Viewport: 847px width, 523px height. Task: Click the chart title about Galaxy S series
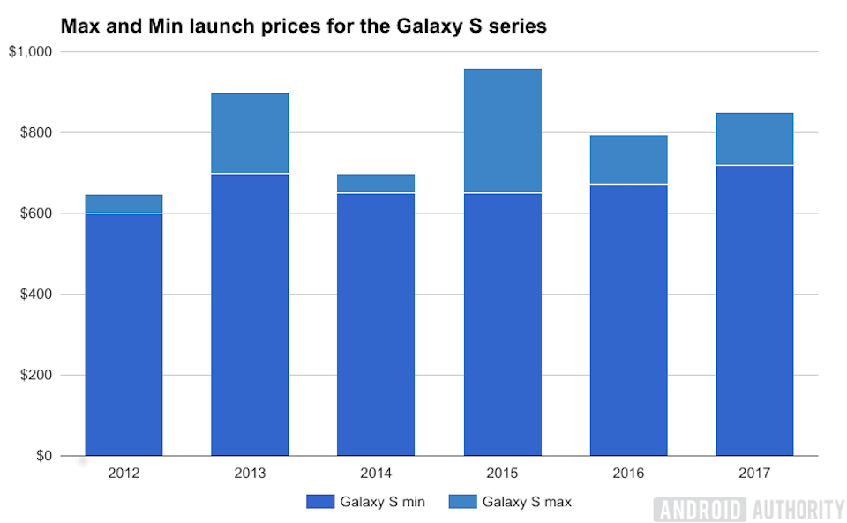tap(304, 26)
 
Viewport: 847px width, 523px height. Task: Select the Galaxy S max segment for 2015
tap(503, 131)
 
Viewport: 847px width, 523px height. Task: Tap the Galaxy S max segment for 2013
tap(250, 133)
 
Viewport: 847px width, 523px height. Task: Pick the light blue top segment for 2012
tap(124, 204)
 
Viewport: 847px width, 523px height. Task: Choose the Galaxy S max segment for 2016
tap(628, 160)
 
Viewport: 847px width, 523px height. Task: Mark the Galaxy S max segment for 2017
tap(754, 139)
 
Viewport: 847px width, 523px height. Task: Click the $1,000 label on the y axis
tap(31, 52)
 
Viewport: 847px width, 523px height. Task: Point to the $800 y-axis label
tap(36, 132)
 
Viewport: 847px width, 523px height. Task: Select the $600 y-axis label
tap(36, 213)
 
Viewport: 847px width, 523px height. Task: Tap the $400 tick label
tap(36, 295)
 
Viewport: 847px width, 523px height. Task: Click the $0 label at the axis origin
tap(43, 456)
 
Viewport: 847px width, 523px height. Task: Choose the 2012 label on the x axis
tap(124, 474)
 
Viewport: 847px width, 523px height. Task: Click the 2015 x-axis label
tap(503, 474)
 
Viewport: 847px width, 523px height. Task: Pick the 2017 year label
tap(754, 474)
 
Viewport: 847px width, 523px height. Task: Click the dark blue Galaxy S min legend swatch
tap(321, 502)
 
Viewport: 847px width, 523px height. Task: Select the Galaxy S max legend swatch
tap(461, 502)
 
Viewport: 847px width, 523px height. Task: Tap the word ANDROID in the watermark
tap(701, 509)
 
